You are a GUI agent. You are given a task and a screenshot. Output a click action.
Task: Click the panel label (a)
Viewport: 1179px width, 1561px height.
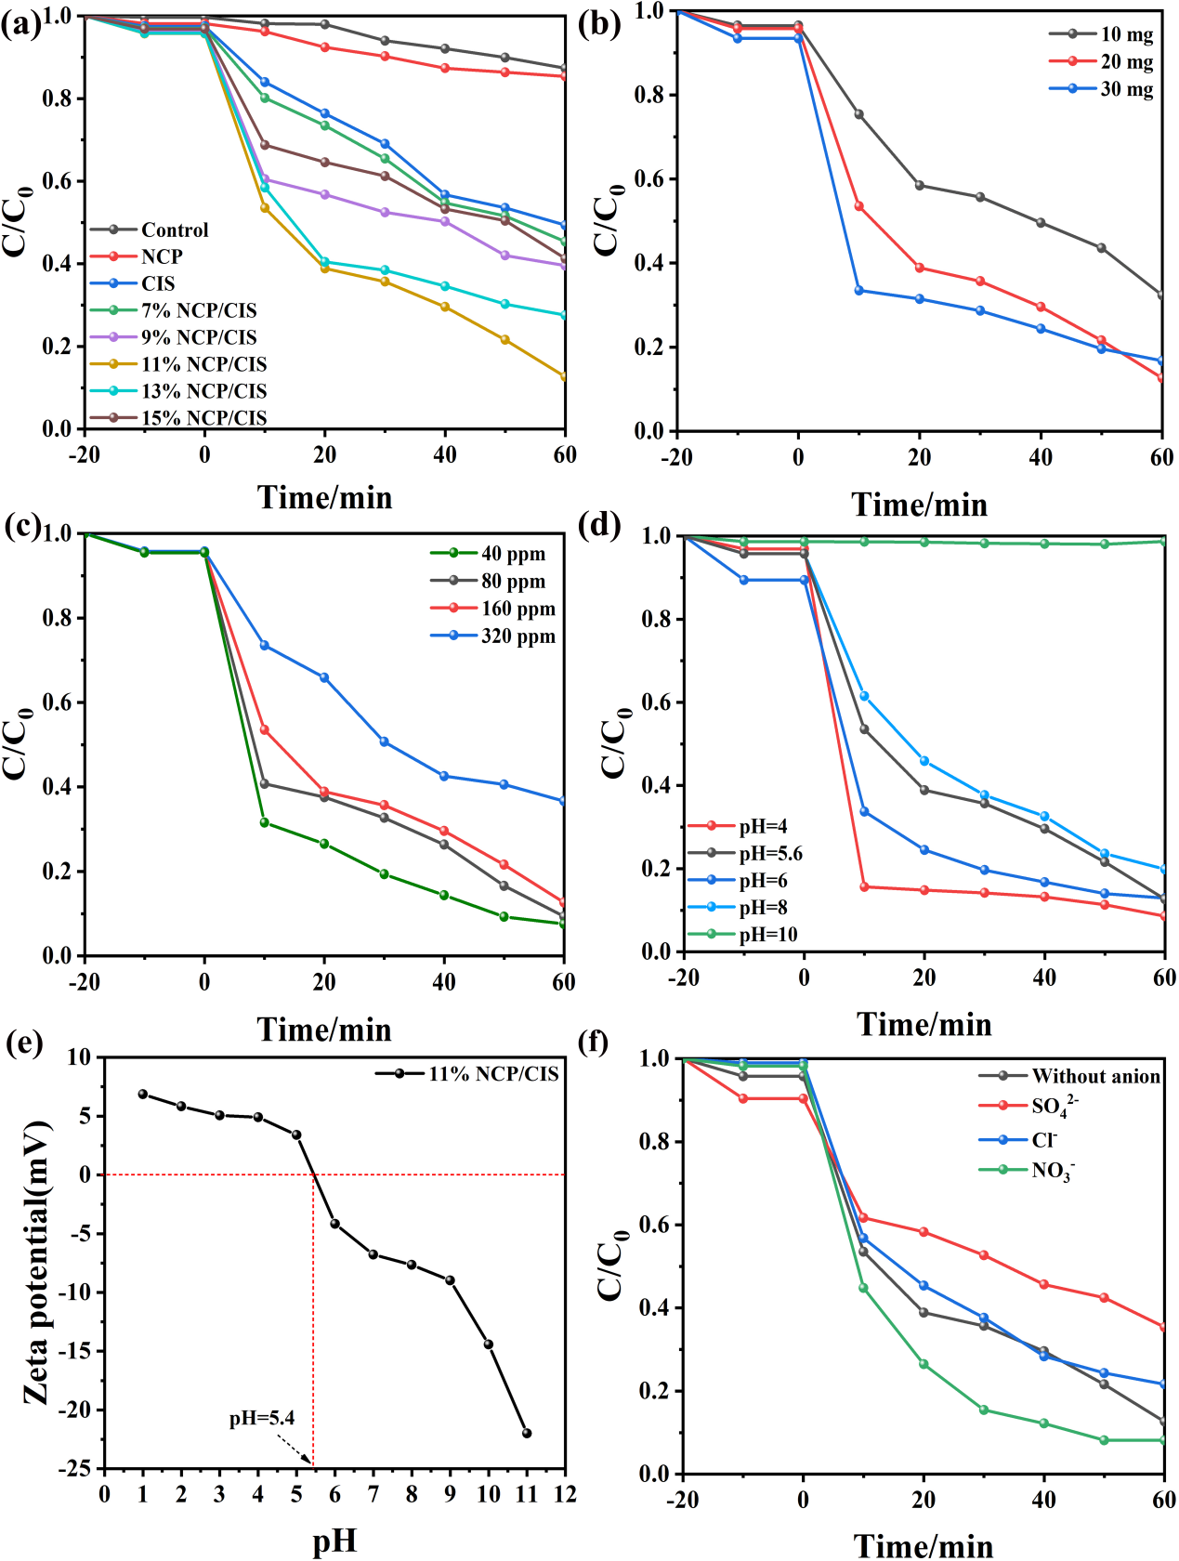pyautogui.click(x=20, y=22)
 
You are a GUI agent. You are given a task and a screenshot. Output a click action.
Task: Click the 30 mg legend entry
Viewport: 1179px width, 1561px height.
pyautogui.click(x=1126, y=89)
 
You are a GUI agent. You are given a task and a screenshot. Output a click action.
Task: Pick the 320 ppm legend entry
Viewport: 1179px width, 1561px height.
pyautogui.click(x=517, y=636)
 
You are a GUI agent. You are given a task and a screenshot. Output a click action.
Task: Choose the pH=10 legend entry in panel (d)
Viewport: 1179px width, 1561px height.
pyautogui.click(x=767, y=935)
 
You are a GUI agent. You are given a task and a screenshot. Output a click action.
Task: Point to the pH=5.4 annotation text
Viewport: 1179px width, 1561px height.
pyautogui.click(x=262, y=1419)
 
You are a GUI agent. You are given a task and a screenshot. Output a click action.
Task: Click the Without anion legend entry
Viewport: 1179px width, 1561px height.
pyautogui.click(x=1095, y=1076)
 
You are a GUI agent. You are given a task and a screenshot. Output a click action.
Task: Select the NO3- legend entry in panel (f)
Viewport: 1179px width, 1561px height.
pyautogui.click(x=1053, y=1170)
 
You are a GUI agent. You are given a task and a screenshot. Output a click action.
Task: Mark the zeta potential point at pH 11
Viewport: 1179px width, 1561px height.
pyautogui.click(x=527, y=1433)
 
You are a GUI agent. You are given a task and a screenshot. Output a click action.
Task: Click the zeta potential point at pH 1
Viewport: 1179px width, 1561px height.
pyautogui.click(x=143, y=1094)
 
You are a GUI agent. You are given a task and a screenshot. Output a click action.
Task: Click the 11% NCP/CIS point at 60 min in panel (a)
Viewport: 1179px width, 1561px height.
pyautogui.click(x=564, y=376)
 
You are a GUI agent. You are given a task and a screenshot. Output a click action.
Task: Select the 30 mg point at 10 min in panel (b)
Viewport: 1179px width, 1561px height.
pyautogui.click(x=859, y=291)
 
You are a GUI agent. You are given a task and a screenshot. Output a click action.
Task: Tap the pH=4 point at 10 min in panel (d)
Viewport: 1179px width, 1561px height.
pyautogui.click(x=865, y=886)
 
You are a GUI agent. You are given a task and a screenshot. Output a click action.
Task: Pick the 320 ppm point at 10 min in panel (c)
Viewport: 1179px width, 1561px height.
pyautogui.click(x=265, y=645)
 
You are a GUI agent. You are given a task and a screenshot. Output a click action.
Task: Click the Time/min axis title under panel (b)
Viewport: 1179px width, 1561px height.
pyautogui.click(x=919, y=505)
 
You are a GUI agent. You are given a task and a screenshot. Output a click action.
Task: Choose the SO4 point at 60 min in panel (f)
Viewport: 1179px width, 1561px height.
pyautogui.click(x=1163, y=1327)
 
